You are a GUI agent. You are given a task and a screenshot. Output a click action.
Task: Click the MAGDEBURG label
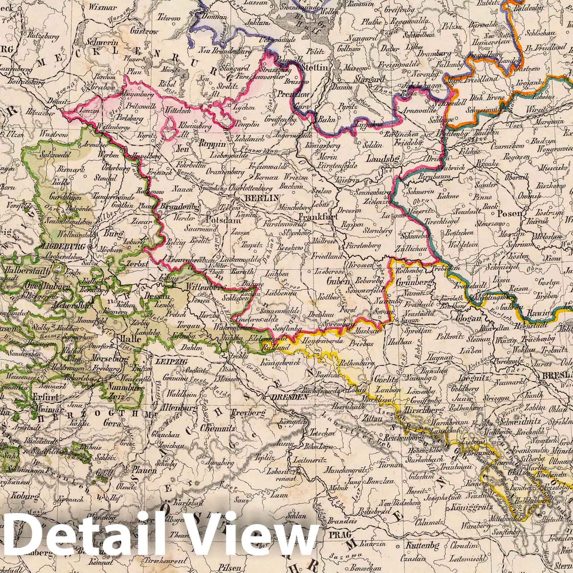(61, 246)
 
